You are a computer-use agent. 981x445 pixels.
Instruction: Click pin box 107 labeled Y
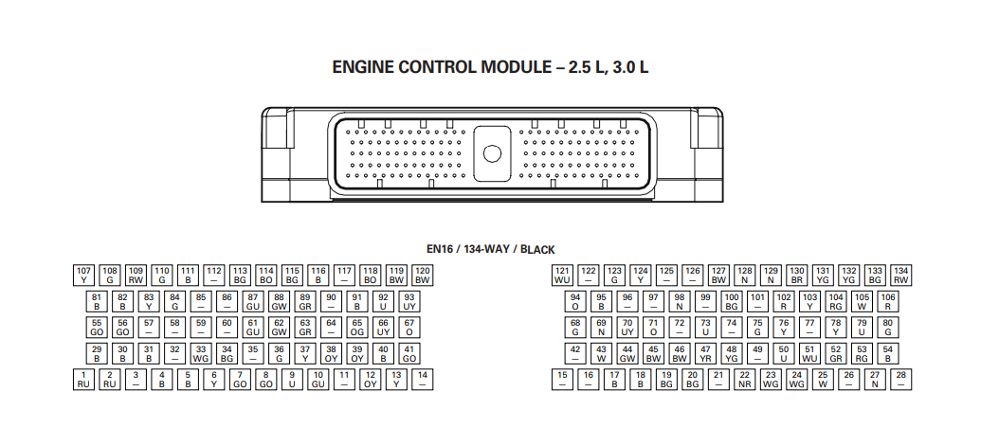(83, 276)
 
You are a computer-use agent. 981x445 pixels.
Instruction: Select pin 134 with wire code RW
(901, 276)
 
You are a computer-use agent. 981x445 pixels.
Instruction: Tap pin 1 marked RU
(83, 380)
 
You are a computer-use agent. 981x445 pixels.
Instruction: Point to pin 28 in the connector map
(901, 380)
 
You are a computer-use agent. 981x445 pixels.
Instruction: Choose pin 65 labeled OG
(357, 328)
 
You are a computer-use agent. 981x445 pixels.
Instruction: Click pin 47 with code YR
(706, 354)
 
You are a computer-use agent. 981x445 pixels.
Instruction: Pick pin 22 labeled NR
(744, 380)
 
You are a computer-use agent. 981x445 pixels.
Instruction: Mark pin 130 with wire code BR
(796, 276)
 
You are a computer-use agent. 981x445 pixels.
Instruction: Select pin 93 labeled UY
(409, 302)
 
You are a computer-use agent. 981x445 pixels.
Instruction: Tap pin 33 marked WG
(201, 354)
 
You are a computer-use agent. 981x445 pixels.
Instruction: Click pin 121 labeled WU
(562, 276)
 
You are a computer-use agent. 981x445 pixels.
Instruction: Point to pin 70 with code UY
(627, 328)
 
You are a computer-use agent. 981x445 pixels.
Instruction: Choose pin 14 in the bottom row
(423, 380)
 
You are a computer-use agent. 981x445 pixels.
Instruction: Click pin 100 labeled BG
(732, 302)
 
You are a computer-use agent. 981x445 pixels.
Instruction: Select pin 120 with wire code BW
(423, 276)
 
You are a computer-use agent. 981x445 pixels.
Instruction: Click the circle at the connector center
(492, 153)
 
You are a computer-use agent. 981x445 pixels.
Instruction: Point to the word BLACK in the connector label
(537, 249)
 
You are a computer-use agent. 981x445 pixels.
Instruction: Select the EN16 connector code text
(440, 249)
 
